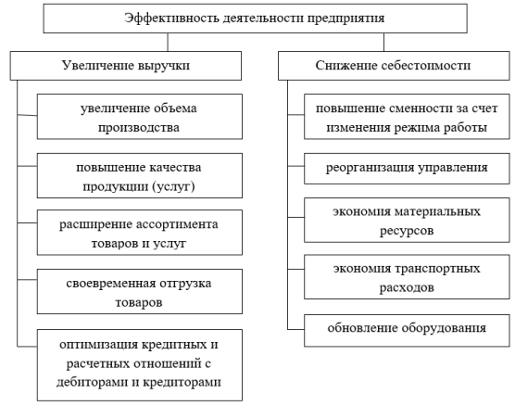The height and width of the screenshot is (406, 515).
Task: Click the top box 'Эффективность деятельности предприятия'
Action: point(256,19)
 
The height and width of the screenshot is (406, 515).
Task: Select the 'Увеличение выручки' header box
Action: point(126,66)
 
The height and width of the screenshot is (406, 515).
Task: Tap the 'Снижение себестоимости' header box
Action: point(394,66)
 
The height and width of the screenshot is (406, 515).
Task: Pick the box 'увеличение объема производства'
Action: point(140,117)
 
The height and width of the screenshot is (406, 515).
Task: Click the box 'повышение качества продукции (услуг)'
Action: point(140,175)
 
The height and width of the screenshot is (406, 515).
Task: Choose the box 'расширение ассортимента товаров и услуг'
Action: point(140,233)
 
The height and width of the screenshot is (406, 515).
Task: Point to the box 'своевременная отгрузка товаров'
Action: point(140,292)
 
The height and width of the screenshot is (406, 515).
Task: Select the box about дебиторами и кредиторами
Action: point(140,365)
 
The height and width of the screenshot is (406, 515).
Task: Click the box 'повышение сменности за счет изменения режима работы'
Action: point(407,117)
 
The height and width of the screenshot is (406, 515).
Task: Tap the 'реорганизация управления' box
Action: point(407,169)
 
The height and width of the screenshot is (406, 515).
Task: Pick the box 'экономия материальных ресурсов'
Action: point(407,220)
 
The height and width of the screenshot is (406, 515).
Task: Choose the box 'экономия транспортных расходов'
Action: point(407,277)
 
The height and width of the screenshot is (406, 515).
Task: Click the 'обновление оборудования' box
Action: point(407,330)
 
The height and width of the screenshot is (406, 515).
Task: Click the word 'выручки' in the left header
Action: point(164,66)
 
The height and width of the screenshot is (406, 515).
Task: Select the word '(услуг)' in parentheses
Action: point(173,186)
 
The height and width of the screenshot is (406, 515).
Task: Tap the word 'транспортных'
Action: point(437,269)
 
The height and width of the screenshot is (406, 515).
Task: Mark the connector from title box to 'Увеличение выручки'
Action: point(168,42)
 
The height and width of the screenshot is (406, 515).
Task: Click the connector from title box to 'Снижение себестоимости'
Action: point(383,42)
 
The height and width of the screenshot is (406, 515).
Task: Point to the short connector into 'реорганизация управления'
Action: point(295,166)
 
